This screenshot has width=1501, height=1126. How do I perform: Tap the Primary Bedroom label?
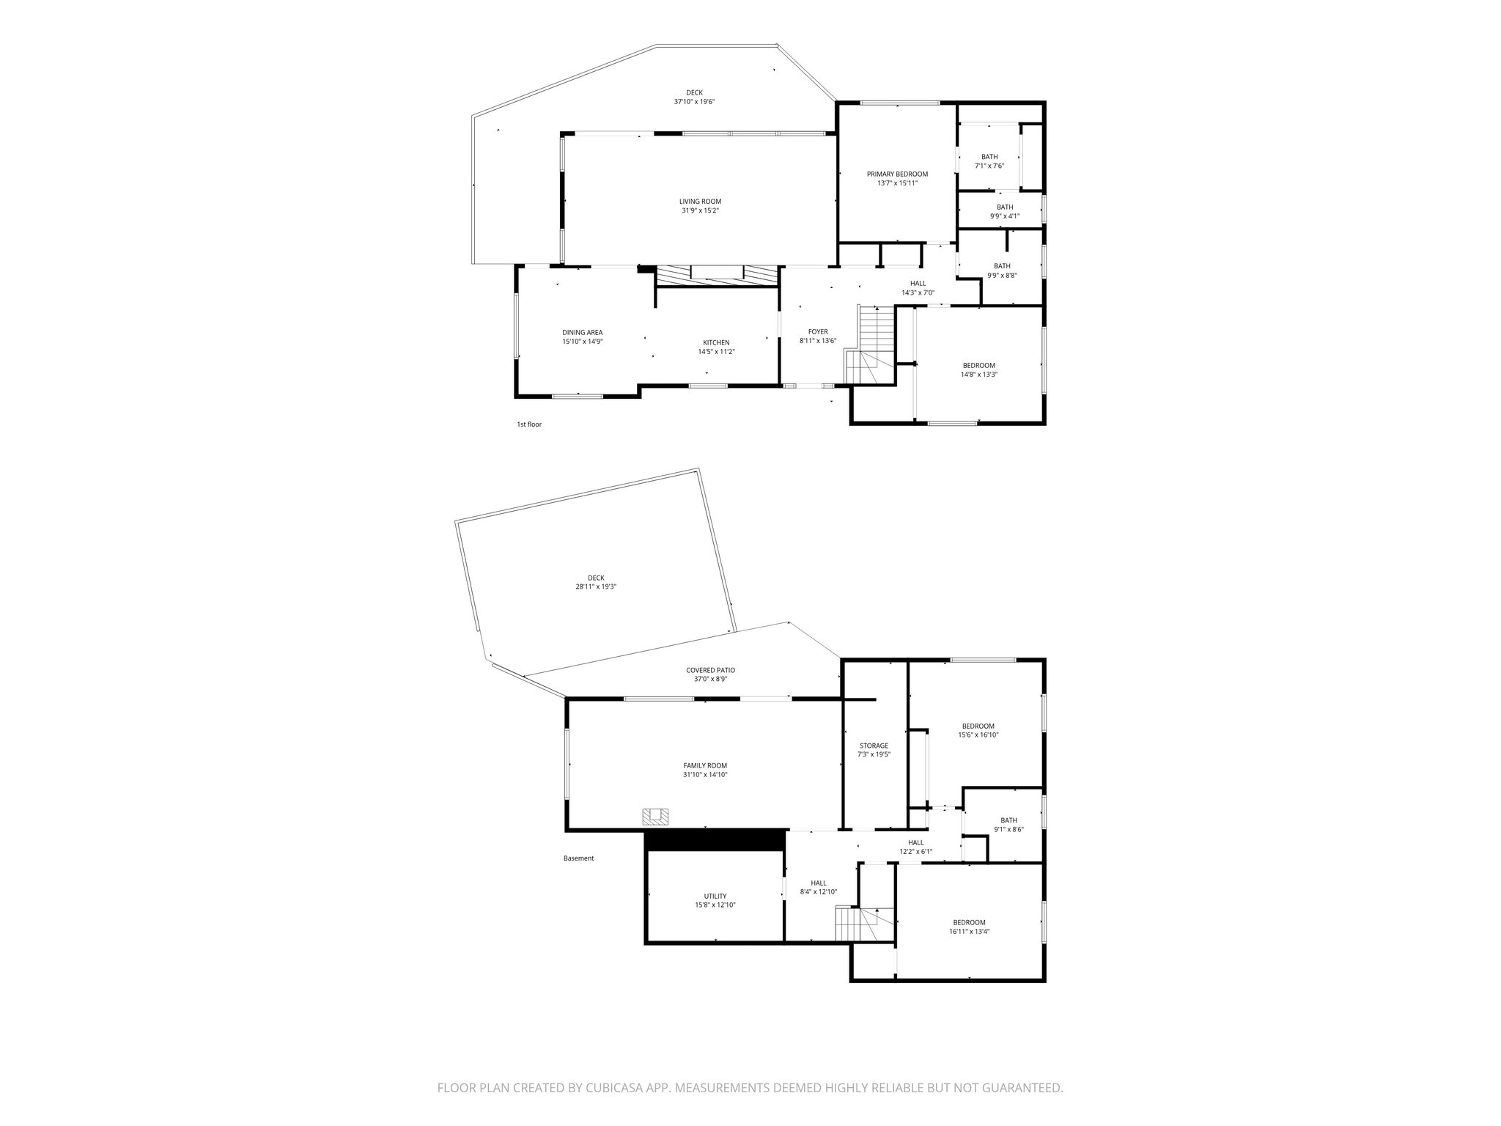tap(897, 174)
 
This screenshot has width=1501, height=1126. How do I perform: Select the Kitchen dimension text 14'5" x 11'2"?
tap(716, 352)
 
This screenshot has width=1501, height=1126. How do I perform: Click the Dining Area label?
tap(582, 333)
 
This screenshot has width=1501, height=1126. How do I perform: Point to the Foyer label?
tap(817, 332)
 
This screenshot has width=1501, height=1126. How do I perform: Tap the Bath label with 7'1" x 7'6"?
tap(989, 157)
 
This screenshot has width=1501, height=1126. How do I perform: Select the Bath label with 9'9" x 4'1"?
tap(1004, 207)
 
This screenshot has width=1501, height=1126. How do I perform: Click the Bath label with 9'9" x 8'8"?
tap(1002, 266)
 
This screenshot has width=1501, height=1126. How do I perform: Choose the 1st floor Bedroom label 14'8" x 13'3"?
tap(978, 366)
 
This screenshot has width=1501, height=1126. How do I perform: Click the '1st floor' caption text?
tap(529, 424)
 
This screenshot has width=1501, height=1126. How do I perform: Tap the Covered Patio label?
tap(710, 670)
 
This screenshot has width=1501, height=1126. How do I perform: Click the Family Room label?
tap(705, 765)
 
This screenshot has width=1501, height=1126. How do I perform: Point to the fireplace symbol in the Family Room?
tap(655, 816)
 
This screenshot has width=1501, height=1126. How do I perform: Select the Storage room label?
tap(874, 746)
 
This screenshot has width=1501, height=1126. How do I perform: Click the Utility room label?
tap(715, 896)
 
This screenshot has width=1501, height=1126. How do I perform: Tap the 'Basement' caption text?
tap(578, 858)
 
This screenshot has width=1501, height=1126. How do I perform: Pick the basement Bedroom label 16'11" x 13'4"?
tap(969, 922)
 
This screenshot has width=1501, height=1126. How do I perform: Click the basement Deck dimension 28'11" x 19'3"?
tap(596, 586)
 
